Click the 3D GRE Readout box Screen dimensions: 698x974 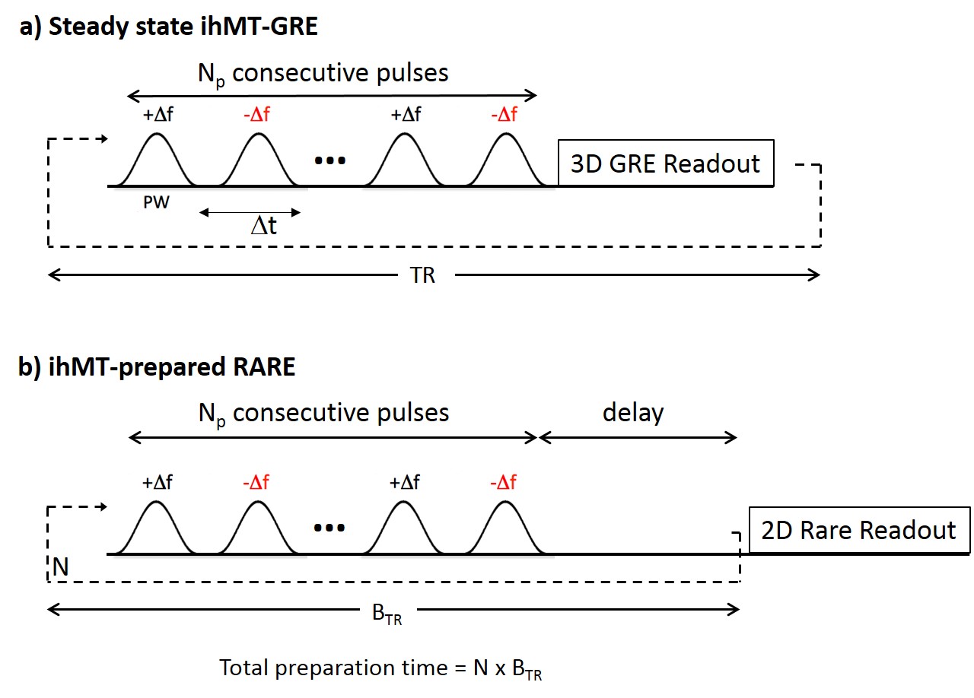point(666,163)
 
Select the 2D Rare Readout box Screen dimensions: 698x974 point(859,530)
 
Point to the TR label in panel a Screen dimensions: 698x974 point(423,274)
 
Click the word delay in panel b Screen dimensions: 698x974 point(633,413)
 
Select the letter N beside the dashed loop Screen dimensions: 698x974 point(61,566)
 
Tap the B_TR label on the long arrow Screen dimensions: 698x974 point(387,614)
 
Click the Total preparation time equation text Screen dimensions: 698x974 point(380,669)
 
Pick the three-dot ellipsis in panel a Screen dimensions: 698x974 point(329,161)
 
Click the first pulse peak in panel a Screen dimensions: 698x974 point(156,137)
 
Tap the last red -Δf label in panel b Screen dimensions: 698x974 point(503,483)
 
